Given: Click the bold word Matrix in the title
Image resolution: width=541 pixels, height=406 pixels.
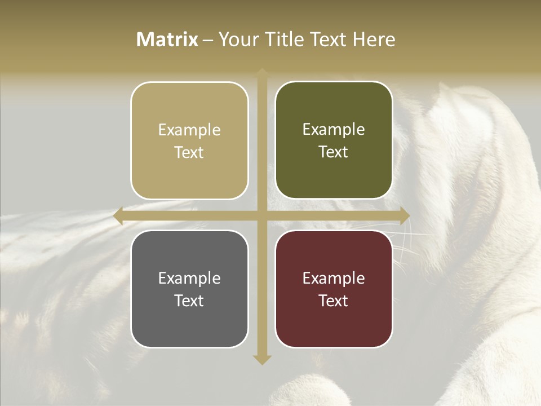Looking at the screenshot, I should tap(167, 39).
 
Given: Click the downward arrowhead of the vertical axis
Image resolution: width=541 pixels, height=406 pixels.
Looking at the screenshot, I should tap(262, 359).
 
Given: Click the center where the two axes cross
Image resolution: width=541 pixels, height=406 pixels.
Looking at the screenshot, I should tap(262, 216).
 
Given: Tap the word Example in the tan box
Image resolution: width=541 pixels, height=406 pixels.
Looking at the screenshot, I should tap(189, 130).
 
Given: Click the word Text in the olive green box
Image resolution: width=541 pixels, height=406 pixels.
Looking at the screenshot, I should tap(334, 152).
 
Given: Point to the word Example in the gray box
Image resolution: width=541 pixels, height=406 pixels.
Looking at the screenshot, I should tap(189, 279).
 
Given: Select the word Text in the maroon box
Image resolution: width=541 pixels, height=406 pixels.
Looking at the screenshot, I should tap(334, 301).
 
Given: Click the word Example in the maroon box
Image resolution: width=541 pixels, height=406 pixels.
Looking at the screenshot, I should tap(334, 279).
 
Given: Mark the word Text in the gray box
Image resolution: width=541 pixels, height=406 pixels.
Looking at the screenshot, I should tap(189, 301).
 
